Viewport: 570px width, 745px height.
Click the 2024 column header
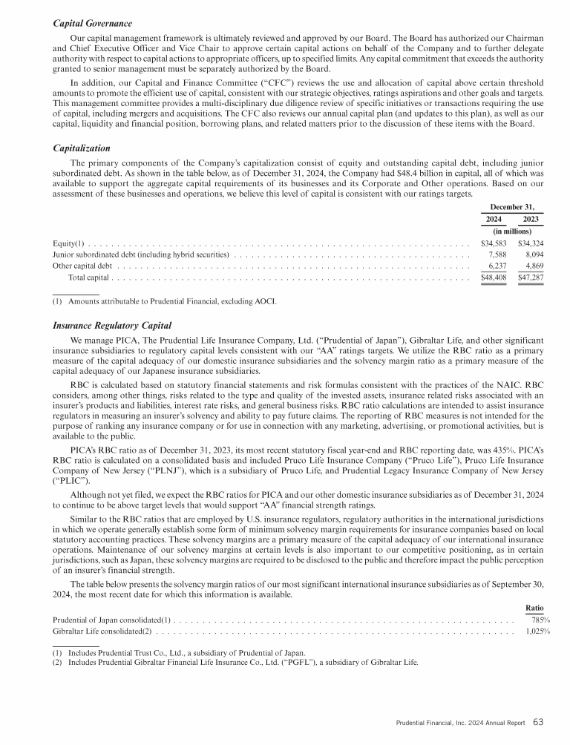point(494,219)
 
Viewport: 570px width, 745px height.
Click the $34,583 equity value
point(494,243)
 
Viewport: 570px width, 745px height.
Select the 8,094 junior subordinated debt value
point(531,254)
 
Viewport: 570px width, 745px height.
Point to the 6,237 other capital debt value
point(495,265)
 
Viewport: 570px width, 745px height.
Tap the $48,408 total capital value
point(494,278)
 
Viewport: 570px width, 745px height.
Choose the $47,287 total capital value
point(529,278)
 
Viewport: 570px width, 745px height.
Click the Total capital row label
point(88,278)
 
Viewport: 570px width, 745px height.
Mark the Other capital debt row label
point(82,265)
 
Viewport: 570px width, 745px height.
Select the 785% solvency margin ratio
point(540,620)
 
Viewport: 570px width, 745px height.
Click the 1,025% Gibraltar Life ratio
point(537,631)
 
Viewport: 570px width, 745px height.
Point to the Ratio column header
point(534,606)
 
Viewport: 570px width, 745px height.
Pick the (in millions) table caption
point(512,231)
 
